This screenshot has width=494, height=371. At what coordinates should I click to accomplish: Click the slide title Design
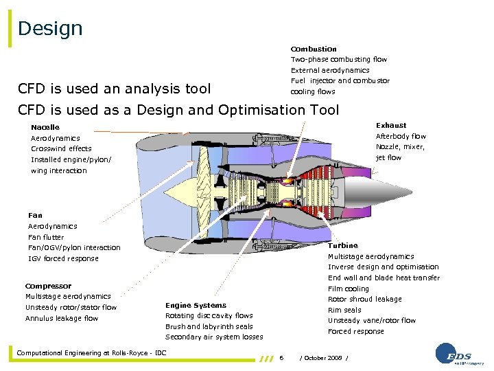pyautogui.click(x=50, y=29)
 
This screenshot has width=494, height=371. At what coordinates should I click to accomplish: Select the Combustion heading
pyautogui.click(x=314, y=49)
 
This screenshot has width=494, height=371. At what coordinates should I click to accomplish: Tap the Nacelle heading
pyautogui.click(x=45, y=127)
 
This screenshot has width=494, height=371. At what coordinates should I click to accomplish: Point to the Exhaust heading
pyautogui.click(x=391, y=126)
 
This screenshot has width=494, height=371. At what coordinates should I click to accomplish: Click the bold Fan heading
pyautogui.click(x=35, y=216)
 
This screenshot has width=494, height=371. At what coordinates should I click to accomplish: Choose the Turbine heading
pyautogui.click(x=342, y=245)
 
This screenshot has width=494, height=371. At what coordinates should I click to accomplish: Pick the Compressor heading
pyautogui.click(x=48, y=286)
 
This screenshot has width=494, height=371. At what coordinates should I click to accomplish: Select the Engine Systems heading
pyautogui.click(x=196, y=305)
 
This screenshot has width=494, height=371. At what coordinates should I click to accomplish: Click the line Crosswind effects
pyautogui.click(x=61, y=148)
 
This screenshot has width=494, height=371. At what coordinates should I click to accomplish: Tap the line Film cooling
pyautogui.click(x=349, y=289)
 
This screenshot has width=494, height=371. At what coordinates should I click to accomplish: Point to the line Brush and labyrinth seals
pyautogui.click(x=209, y=326)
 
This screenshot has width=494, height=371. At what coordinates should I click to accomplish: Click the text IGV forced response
pyautogui.click(x=63, y=258)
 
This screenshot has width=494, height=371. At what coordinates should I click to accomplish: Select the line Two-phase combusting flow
pyautogui.click(x=339, y=60)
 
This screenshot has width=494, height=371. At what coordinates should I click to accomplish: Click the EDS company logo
pyautogui.click(x=458, y=354)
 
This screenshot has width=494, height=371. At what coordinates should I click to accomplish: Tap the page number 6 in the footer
pyautogui.click(x=282, y=357)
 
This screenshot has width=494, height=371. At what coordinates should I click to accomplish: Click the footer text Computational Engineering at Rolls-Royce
pyautogui.click(x=91, y=353)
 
